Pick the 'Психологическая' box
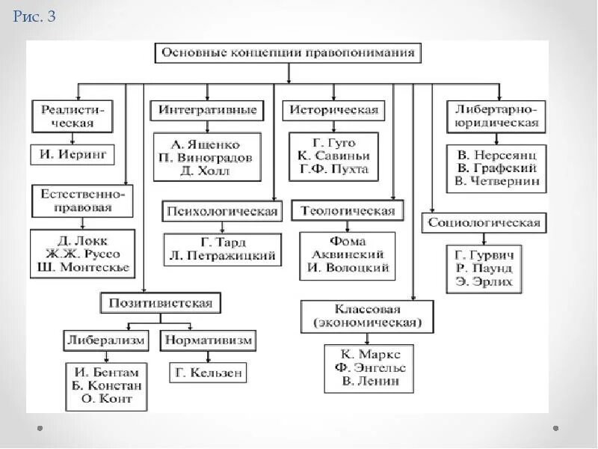223,211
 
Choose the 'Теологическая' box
348,211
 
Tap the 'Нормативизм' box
207,340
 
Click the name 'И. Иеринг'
73,155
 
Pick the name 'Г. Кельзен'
207,372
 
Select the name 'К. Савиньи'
333,156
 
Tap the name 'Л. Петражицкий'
223,256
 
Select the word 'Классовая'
368,309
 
